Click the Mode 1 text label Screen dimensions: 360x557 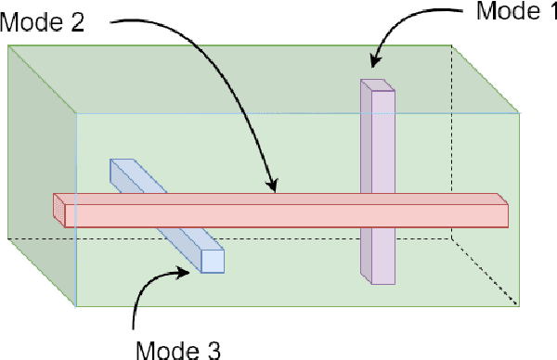point(514,12)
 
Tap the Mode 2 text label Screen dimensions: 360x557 point(44,23)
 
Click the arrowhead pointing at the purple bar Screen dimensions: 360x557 point(375,61)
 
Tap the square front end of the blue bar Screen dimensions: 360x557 point(213,261)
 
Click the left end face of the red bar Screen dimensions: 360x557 point(58,209)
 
